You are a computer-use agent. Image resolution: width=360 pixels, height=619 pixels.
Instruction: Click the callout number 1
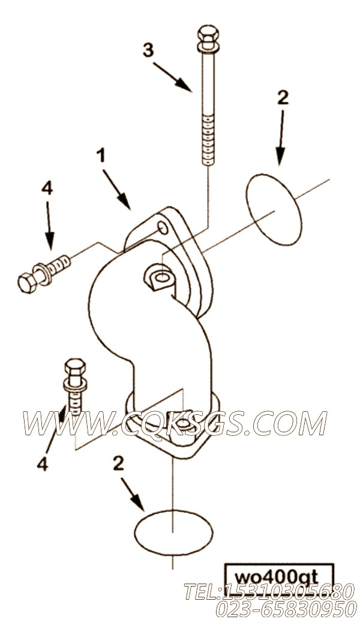102,156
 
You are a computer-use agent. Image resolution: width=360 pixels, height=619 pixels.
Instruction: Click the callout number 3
148,50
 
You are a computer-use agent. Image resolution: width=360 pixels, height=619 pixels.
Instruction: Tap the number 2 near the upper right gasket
283,97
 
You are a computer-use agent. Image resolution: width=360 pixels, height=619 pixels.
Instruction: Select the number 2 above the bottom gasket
118,464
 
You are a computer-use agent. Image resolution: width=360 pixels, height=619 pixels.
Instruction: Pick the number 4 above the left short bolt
47,189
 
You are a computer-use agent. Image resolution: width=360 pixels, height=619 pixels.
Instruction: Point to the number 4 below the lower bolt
43,464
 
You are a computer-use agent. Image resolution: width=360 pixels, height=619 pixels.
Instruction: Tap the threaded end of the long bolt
208,140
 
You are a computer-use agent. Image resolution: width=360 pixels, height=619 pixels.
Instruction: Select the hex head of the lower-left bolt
74,367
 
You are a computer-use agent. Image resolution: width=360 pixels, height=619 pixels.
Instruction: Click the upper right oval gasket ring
274,208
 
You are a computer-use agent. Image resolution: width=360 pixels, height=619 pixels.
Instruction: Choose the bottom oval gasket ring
173,532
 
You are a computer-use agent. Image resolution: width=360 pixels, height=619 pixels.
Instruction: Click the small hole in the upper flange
163,227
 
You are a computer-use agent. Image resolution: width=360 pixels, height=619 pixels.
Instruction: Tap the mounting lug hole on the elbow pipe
161,278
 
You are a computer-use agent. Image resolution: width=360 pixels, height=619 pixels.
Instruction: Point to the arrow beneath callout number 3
172,77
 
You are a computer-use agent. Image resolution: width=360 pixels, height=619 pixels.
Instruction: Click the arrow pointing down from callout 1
117,189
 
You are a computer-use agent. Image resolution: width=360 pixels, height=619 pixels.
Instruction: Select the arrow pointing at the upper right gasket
281,137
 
